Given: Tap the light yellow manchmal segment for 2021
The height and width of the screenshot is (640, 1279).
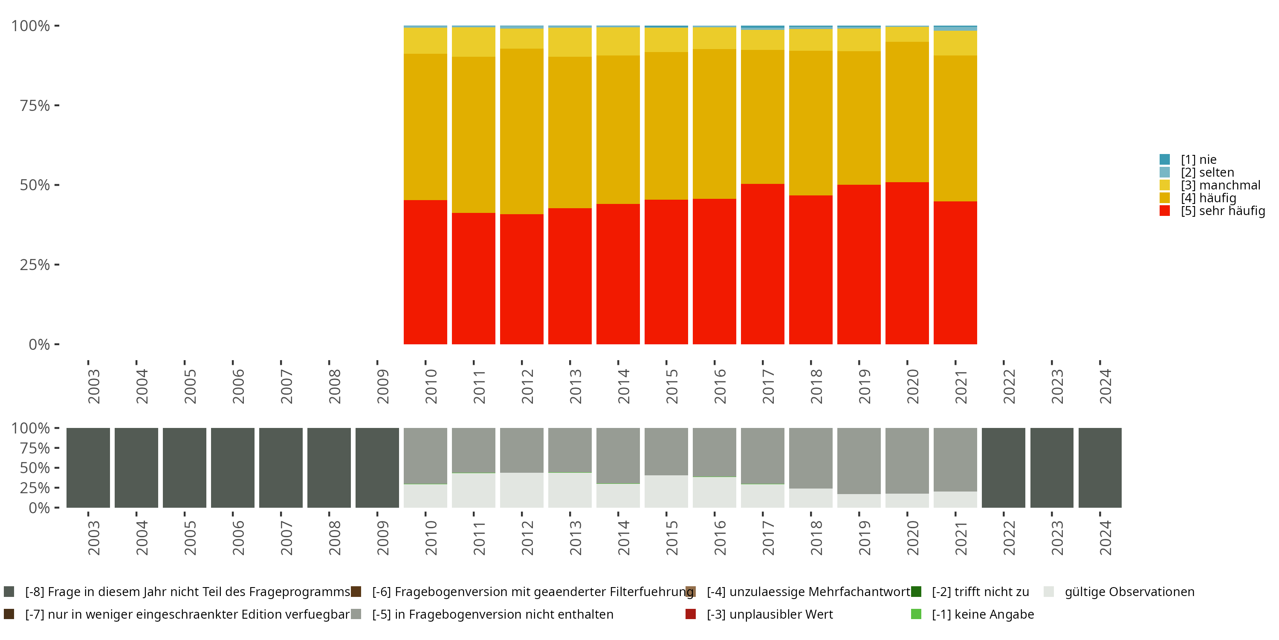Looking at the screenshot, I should point(955,43).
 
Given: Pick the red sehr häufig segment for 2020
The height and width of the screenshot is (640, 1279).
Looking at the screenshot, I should point(907,263).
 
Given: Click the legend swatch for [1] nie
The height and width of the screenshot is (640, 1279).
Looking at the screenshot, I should point(1164,160).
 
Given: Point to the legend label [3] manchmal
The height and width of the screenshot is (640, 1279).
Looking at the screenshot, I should point(1221,185).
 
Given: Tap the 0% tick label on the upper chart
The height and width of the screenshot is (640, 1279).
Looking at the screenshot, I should point(39,344).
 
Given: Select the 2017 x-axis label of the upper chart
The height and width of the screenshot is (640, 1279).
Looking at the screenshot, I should point(767,386).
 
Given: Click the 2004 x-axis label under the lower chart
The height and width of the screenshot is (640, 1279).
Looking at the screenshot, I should point(142,538).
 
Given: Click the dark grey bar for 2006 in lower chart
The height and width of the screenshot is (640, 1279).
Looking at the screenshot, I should point(232,468).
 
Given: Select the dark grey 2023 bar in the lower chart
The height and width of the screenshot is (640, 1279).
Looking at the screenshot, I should point(1052,468).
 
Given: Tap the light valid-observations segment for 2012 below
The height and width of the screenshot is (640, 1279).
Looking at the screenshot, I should point(521,490).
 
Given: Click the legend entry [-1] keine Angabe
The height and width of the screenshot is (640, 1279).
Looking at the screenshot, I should point(982,614).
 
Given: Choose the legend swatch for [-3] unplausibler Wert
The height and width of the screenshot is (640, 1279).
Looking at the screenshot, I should point(690,614).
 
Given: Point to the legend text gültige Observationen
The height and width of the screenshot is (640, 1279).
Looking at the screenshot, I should point(1129,592).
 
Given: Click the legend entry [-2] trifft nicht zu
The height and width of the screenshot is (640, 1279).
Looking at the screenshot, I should point(980,592).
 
